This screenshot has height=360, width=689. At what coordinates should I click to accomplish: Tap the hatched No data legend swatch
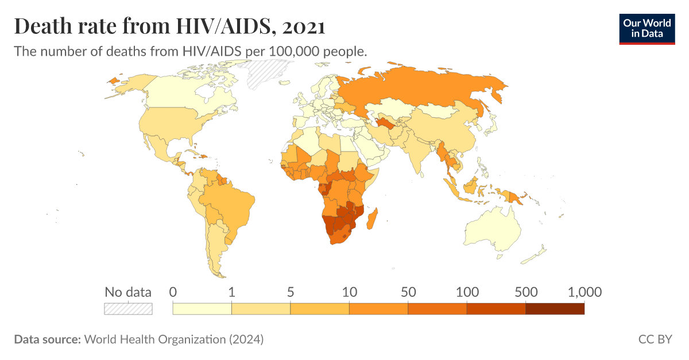click(x=128, y=309)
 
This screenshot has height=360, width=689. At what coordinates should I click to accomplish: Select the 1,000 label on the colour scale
click(x=584, y=292)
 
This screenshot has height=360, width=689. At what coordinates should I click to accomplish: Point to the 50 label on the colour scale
click(x=408, y=292)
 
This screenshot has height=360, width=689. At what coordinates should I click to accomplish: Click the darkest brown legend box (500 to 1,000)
click(x=555, y=309)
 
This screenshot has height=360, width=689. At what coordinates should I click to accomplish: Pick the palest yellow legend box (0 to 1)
click(x=202, y=309)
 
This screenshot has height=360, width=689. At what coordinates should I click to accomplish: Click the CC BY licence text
click(x=655, y=339)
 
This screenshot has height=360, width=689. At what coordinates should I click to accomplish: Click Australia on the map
click(x=494, y=230)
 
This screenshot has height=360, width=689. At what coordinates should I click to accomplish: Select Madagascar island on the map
click(x=374, y=219)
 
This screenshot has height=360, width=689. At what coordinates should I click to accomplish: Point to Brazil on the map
click(x=233, y=201)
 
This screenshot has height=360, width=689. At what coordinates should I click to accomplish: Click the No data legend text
click(x=128, y=292)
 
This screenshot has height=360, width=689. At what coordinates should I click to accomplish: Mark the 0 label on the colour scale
click(x=173, y=292)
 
